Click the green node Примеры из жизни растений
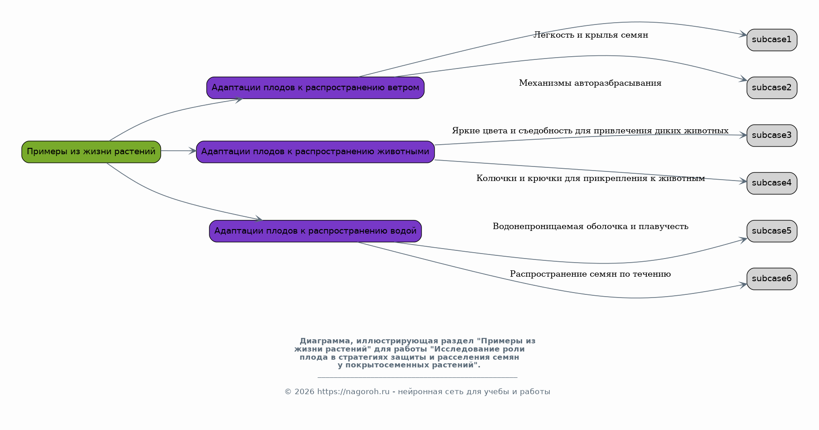click(x=91, y=151)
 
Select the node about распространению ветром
click(x=315, y=88)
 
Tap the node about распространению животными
click(x=315, y=151)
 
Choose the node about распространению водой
click(x=315, y=231)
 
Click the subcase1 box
click(x=772, y=40)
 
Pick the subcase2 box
click(x=772, y=88)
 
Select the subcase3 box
click(x=772, y=135)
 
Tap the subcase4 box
click(x=772, y=183)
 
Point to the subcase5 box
click(x=772, y=231)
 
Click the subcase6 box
click(x=772, y=279)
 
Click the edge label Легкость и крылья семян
click(x=591, y=35)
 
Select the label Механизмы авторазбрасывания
click(x=590, y=83)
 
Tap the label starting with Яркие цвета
click(x=590, y=131)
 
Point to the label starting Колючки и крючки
click(x=591, y=178)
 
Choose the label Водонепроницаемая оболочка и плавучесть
click(x=591, y=226)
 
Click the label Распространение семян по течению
click(x=590, y=274)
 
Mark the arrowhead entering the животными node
click(x=193, y=151)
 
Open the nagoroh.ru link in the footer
click(x=354, y=391)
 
